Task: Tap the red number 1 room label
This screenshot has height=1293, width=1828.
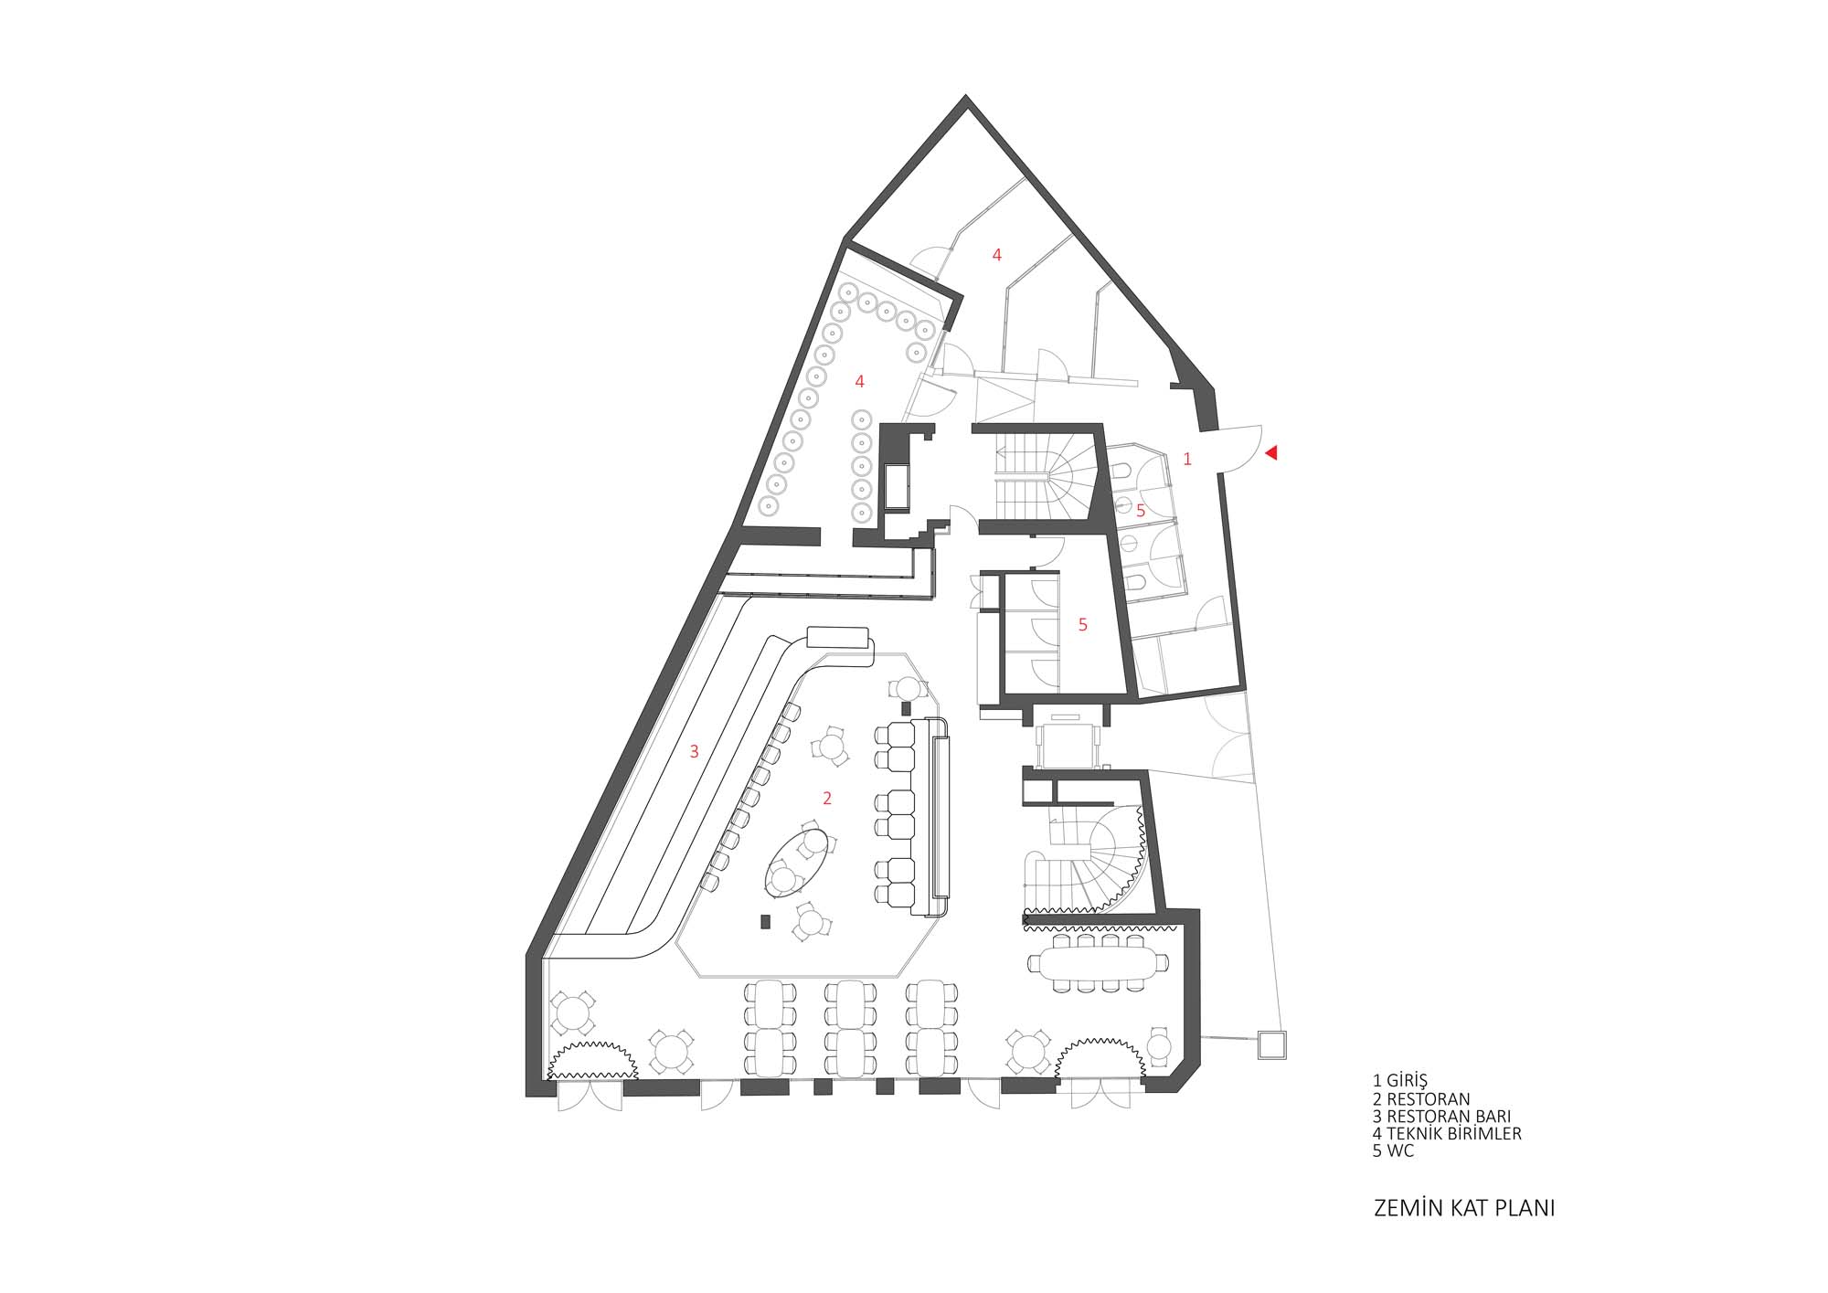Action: (1187, 460)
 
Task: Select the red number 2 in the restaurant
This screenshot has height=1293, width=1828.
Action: (827, 799)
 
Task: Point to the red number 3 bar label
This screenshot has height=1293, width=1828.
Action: (695, 752)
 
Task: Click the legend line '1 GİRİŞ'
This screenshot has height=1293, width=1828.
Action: (1399, 1081)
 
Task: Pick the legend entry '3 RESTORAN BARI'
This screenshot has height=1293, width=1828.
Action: (1441, 1117)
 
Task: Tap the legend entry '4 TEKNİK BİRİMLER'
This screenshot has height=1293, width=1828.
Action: (1447, 1134)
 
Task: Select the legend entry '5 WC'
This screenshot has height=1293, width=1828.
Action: (1393, 1151)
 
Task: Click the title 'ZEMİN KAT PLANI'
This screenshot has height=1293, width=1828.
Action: (1464, 1208)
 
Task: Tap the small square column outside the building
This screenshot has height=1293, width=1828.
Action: (1272, 1044)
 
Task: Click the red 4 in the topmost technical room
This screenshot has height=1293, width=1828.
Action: (997, 256)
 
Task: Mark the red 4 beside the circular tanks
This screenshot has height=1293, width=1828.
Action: (859, 381)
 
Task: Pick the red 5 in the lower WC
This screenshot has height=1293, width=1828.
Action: (1083, 625)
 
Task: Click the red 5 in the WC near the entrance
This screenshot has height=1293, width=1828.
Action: (1141, 512)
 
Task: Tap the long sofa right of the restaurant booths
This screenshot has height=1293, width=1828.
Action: (939, 817)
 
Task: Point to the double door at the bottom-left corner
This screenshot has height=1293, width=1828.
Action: (590, 1096)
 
